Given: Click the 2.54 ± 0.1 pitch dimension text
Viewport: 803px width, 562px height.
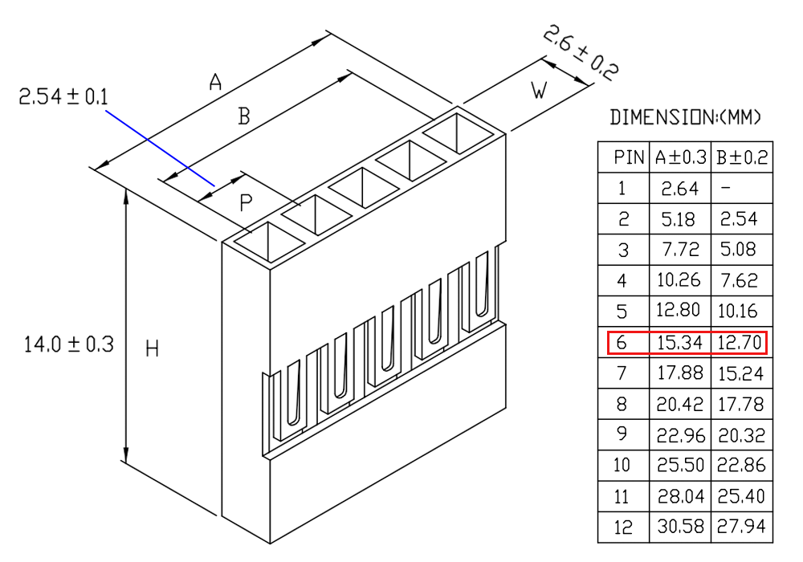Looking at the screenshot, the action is [x=63, y=96].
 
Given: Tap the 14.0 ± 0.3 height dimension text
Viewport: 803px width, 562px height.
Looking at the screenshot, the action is [x=68, y=344].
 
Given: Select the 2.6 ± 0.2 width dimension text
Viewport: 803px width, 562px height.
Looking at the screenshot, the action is [x=581, y=53].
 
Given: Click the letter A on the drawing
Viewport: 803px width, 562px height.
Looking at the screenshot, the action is [x=215, y=81].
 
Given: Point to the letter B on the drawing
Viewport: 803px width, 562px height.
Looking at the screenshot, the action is [x=244, y=116].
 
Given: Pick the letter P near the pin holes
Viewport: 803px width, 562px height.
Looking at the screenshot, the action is [x=246, y=203].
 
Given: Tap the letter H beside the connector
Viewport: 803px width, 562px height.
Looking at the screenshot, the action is [x=152, y=348].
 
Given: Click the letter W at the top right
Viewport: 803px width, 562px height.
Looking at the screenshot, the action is [x=539, y=90].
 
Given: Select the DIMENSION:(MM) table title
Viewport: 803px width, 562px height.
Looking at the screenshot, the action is [x=685, y=117].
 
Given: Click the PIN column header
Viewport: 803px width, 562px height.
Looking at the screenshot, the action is [x=629, y=157].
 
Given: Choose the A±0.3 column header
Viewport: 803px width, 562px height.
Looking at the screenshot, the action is [x=681, y=157].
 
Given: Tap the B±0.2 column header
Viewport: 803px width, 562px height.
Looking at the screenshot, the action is [x=742, y=157].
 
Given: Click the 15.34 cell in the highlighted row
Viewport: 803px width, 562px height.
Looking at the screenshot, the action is [x=679, y=343].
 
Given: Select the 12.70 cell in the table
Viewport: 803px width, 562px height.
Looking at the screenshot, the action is [x=740, y=343].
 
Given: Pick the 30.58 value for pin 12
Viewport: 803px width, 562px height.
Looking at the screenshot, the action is [x=681, y=527].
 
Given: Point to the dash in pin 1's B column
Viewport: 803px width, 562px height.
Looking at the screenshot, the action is [x=725, y=188].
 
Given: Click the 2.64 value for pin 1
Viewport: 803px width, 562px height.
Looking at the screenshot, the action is [x=679, y=189].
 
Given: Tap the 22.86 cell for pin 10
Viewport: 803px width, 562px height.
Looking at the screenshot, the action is [x=741, y=465].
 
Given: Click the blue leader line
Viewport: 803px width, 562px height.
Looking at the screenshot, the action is [x=160, y=148].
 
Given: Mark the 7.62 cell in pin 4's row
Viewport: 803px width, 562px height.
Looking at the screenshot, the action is [x=739, y=280].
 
